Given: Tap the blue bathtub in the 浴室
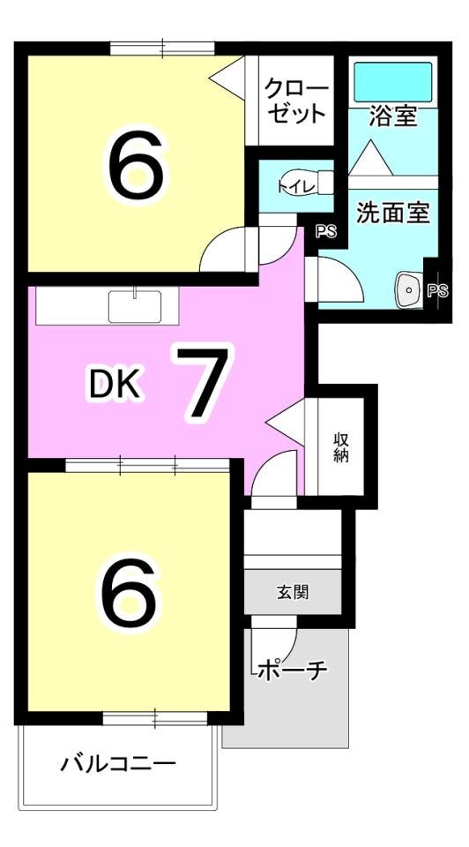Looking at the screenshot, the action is click(393, 81).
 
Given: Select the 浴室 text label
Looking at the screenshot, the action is click(393, 116).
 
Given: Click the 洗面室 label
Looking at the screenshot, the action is click(393, 214).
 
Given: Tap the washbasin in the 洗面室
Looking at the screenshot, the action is click(410, 290).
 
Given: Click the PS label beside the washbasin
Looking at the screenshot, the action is click(437, 291).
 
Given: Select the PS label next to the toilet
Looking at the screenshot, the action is click(326, 232).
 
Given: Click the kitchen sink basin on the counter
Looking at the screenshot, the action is click(135, 306).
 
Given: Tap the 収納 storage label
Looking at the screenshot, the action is click(340, 448).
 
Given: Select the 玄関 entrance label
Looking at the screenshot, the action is click(293, 593).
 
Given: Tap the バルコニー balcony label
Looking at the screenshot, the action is click(118, 764).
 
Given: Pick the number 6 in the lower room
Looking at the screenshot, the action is click(129, 596).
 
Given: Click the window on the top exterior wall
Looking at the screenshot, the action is click(163, 49).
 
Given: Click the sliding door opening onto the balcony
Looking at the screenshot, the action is click(155, 718).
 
